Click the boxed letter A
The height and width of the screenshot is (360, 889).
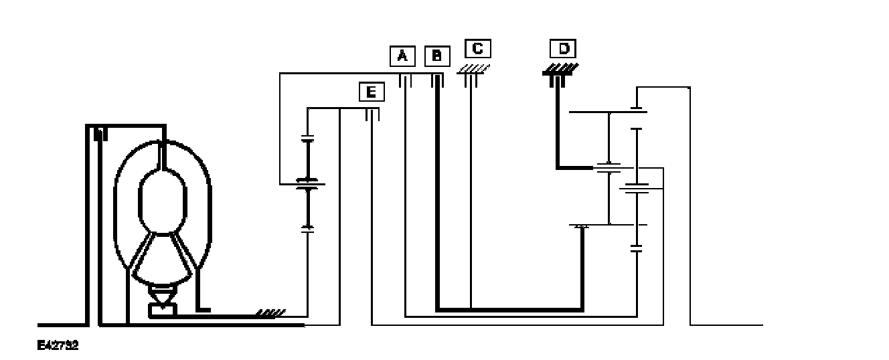point(402,56)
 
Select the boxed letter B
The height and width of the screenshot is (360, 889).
point(436,56)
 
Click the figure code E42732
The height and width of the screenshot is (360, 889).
point(58,345)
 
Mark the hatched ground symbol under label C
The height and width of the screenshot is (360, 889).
point(475,69)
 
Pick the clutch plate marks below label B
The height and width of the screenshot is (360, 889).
point(437,80)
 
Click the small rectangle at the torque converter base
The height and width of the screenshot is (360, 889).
point(161,309)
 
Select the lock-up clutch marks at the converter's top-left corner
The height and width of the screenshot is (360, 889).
point(100,134)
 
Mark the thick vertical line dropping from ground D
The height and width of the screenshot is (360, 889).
point(558,127)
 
